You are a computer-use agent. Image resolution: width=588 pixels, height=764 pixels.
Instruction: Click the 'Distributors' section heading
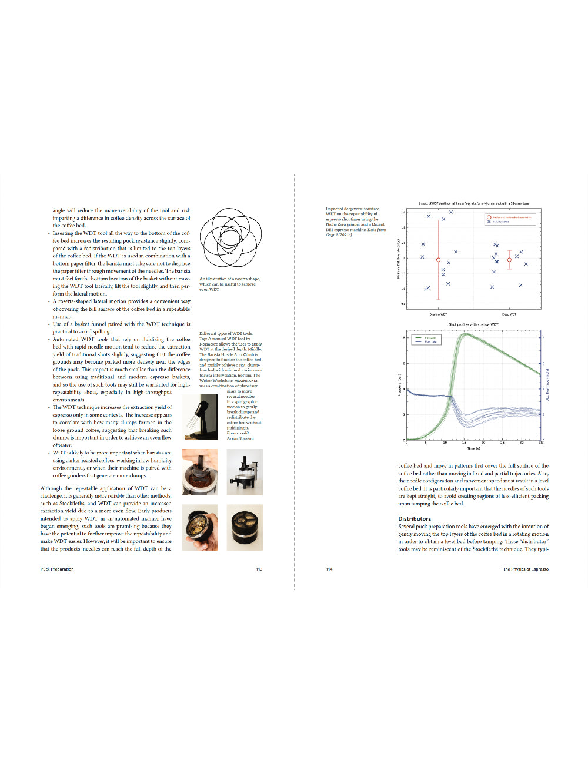tap(415, 519)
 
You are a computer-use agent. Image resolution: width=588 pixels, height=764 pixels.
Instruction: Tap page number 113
tap(259, 569)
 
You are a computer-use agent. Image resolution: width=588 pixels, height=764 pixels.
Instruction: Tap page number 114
tap(329, 569)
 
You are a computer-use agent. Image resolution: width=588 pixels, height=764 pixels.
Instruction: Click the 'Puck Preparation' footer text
tap(57, 569)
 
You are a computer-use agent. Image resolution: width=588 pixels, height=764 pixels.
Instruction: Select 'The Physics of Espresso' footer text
tap(525, 569)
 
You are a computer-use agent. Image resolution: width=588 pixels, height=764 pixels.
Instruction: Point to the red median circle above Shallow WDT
tap(438, 260)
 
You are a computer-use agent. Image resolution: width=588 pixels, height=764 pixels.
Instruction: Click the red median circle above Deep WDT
tap(509, 260)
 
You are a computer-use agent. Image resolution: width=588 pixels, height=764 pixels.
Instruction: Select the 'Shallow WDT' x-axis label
tap(438, 314)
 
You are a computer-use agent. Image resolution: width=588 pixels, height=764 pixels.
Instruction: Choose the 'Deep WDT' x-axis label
tap(509, 314)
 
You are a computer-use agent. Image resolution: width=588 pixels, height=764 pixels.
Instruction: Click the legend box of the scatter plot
tap(509, 219)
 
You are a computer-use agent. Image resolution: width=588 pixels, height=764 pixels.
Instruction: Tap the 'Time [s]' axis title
tap(473, 448)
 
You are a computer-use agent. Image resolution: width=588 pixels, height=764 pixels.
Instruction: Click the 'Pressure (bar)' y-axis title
tap(400, 385)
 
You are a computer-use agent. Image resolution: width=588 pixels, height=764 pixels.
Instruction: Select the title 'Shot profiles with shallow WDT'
tap(473, 324)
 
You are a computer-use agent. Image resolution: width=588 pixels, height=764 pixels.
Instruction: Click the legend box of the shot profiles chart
tap(426, 339)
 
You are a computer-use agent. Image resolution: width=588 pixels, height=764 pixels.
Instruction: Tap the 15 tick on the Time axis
tap(464, 443)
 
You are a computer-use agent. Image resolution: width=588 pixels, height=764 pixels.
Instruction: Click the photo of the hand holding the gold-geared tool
tap(200, 527)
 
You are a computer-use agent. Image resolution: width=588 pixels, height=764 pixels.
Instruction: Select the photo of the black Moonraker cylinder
tap(245, 527)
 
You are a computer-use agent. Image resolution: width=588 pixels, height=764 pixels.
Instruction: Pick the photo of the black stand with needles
tap(200, 416)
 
